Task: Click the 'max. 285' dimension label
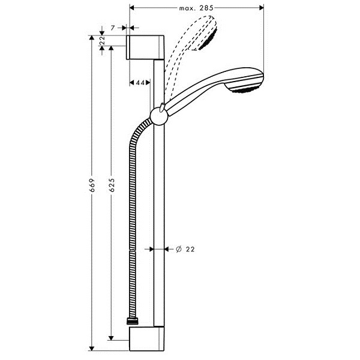click(196, 8)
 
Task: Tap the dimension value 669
click(92, 185)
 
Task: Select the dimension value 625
click(112, 185)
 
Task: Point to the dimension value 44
click(140, 82)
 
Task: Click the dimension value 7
click(113, 28)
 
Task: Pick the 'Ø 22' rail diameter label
click(185, 249)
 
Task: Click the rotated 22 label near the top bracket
click(103, 40)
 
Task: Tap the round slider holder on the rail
click(159, 116)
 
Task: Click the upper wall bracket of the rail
click(145, 47)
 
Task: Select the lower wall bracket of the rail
click(147, 339)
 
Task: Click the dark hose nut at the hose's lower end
click(132, 321)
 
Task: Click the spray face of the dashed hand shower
click(208, 40)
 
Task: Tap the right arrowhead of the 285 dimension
click(261, 8)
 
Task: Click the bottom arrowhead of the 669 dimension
click(92, 348)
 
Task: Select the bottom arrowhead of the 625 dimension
click(111, 338)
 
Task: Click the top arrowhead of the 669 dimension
click(92, 38)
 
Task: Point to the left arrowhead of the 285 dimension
click(132, 8)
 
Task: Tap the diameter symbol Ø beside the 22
click(179, 249)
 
